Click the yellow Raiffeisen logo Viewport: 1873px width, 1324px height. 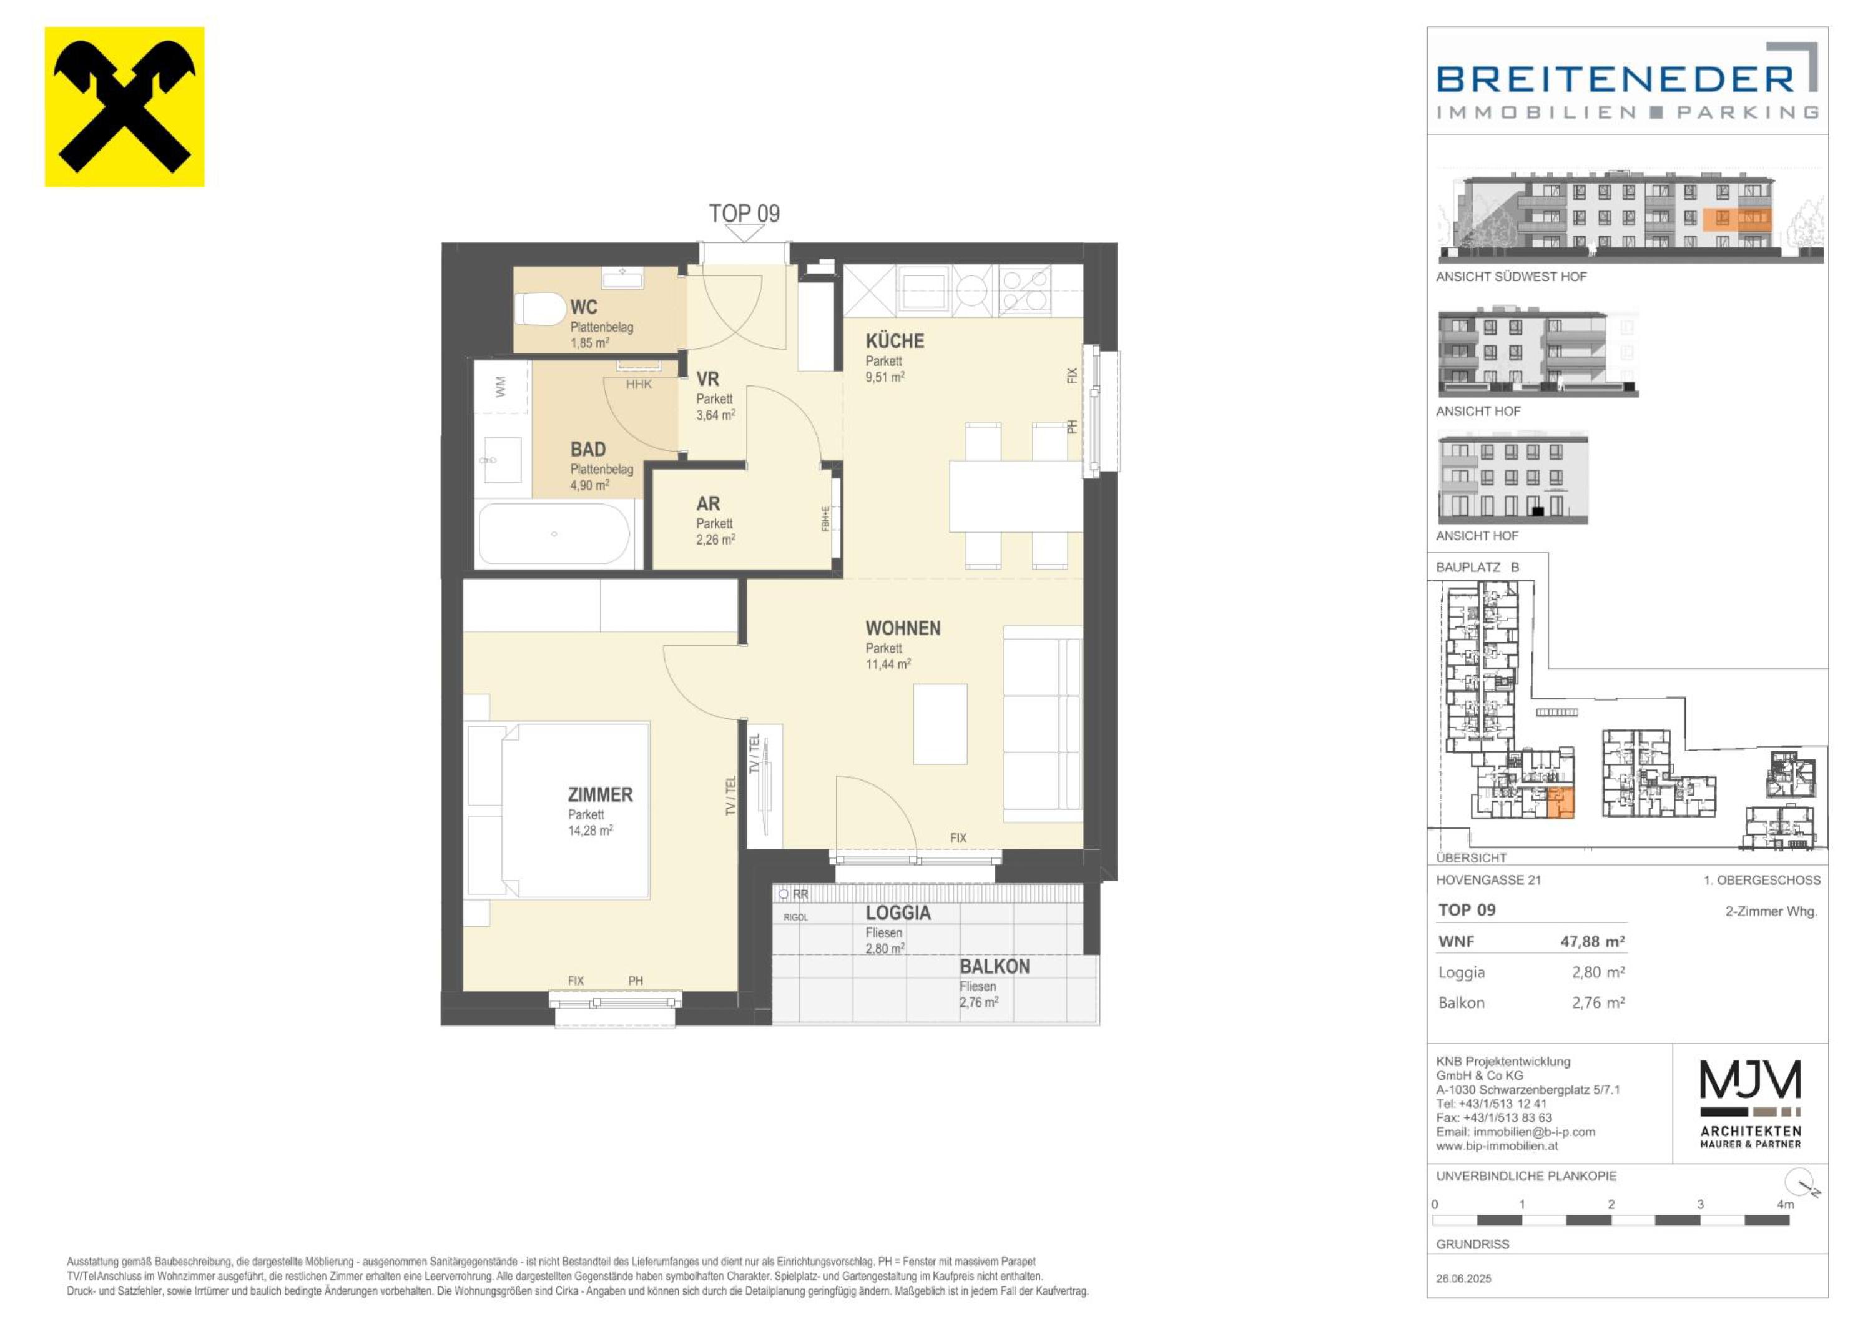click(124, 107)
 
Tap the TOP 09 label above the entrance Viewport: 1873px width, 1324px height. click(744, 214)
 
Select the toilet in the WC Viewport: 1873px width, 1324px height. click(540, 310)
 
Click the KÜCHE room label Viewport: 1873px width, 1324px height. click(895, 341)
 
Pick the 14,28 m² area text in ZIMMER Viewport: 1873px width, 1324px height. click(591, 831)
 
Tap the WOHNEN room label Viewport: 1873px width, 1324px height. click(903, 628)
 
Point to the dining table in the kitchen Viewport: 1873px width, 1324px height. click(1016, 495)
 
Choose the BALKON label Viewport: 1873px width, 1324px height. click(995, 967)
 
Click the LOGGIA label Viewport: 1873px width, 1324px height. click(898, 913)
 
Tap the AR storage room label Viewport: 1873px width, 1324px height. click(708, 504)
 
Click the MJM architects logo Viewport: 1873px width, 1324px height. click(1751, 1104)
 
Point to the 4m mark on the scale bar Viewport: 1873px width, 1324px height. click(1785, 1204)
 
